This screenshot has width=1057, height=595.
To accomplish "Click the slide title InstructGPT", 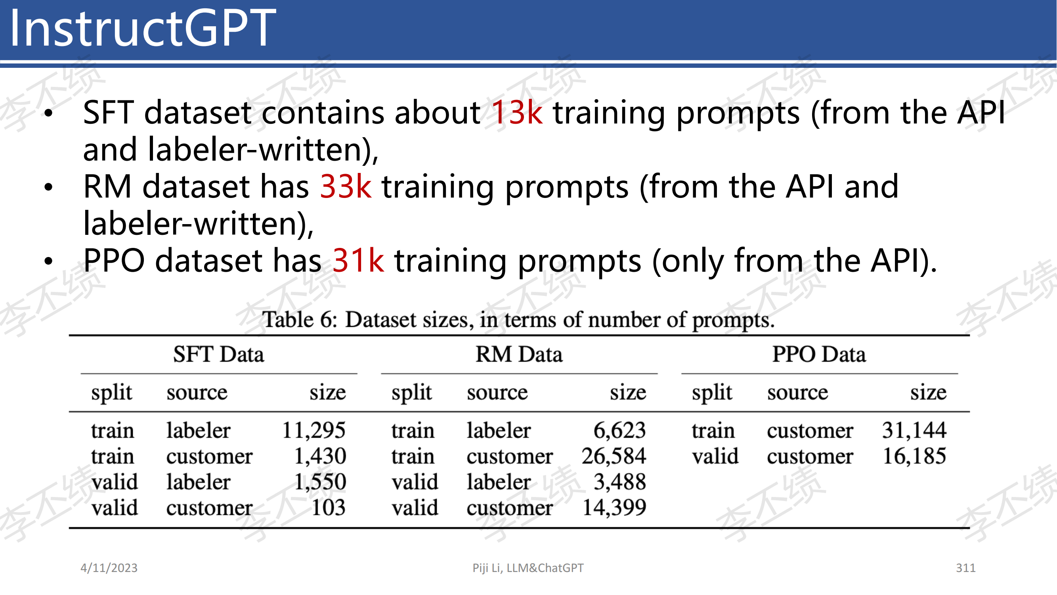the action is tap(142, 28).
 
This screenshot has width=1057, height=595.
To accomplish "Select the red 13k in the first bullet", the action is tap(517, 113).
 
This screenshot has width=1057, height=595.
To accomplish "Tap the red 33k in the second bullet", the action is tap(346, 187).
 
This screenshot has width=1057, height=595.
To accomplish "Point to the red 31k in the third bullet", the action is tap(358, 261).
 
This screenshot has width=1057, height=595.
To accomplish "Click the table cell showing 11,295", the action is tap(314, 431).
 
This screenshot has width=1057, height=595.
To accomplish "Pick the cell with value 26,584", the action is tap(614, 456).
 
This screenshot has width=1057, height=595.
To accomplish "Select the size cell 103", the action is tap(328, 508).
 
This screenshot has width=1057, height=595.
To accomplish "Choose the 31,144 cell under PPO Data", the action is tap(914, 431).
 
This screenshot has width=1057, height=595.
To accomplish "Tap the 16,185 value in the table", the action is tap(914, 456).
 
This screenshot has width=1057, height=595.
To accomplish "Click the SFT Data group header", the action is tap(219, 354).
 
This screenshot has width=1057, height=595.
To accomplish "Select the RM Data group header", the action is tap(519, 354).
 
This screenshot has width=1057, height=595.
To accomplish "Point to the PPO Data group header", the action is tap(820, 354).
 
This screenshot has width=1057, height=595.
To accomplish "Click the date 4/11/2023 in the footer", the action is tap(109, 568).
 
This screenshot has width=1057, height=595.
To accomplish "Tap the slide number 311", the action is tap(965, 568).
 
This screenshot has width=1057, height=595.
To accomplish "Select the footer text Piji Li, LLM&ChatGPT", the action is tap(528, 568).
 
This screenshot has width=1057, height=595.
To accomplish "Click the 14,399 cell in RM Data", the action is tap(614, 508).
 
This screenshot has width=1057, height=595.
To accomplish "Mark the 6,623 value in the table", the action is tap(620, 431).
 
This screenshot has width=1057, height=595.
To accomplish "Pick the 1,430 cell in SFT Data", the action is tap(321, 456).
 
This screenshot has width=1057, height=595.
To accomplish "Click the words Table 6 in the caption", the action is tap(300, 319).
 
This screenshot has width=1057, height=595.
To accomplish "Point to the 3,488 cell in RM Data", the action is tap(620, 482).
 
